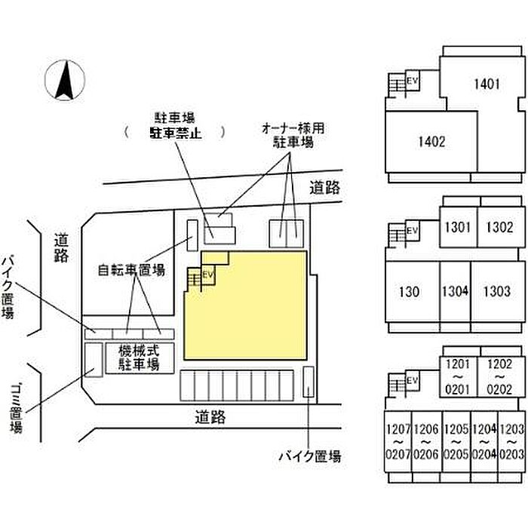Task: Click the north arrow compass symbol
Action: point(63,81)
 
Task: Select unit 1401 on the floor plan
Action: point(487,84)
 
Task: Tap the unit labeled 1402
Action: point(431,141)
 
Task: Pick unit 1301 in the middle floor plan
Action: point(457,227)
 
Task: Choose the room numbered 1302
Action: point(499,227)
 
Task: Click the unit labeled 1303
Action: point(496,290)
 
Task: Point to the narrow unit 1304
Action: point(455,290)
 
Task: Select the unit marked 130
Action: point(410,290)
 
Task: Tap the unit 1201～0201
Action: point(457,376)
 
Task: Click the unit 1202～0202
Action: point(499,376)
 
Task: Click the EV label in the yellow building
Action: point(209,275)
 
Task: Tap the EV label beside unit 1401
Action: point(413,81)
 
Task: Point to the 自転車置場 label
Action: point(131,269)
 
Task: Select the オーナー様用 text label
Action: point(293,128)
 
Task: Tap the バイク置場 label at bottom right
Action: point(310,456)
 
